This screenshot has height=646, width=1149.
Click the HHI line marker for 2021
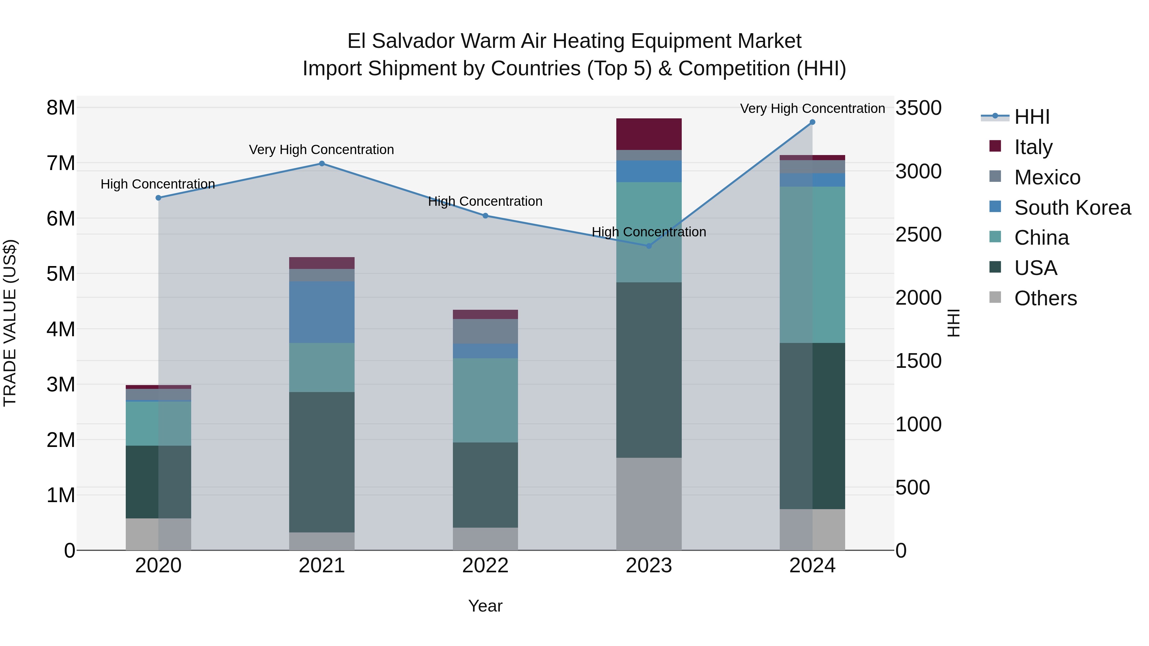(x=322, y=164)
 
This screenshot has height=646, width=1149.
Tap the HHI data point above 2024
(x=812, y=122)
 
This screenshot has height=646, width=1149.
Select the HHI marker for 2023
(x=649, y=246)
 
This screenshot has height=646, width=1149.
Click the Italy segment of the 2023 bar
(x=649, y=134)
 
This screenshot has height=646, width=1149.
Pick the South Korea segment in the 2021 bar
(x=322, y=312)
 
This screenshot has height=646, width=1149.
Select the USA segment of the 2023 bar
(x=649, y=370)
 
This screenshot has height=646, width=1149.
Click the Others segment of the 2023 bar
(x=649, y=504)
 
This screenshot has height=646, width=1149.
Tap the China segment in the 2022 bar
(x=485, y=400)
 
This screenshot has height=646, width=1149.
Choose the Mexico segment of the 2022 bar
(x=485, y=331)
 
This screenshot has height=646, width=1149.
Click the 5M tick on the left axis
(x=61, y=274)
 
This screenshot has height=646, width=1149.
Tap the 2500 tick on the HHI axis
(x=918, y=235)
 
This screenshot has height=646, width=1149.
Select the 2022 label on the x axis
(x=485, y=566)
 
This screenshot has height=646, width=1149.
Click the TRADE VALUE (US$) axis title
(x=10, y=323)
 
